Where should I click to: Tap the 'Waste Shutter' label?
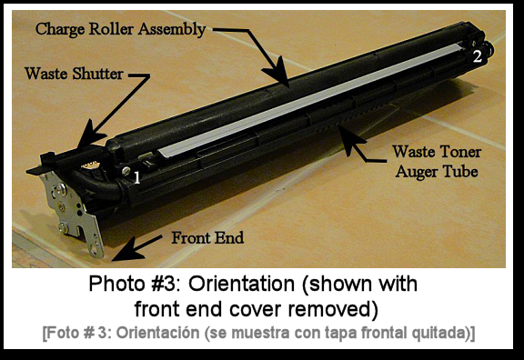click(74, 74)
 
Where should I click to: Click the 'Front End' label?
click(208, 239)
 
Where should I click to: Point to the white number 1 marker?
click(136, 178)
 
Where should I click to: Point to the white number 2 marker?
click(476, 55)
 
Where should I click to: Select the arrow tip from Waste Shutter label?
click(84, 144)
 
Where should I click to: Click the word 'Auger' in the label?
click(418, 169)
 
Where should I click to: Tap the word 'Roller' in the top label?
click(113, 28)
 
